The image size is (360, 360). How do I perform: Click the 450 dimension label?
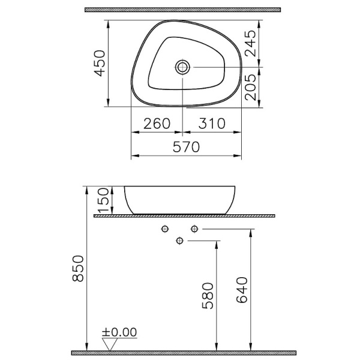point(99,63)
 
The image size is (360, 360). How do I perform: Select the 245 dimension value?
point(251,43)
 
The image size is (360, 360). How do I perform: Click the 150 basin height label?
point(103,200)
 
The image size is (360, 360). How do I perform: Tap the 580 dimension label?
point(207,296)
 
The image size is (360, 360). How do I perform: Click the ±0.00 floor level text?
point(119,332)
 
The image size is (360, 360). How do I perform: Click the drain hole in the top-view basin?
point(184,66)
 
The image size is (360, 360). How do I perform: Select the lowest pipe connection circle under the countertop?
point(179,241)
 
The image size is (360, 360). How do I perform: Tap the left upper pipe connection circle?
point(164,229)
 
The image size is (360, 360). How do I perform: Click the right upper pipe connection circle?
point(194,229)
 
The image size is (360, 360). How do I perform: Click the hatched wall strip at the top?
point(182,10)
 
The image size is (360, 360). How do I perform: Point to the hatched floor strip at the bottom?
point(184,352)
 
